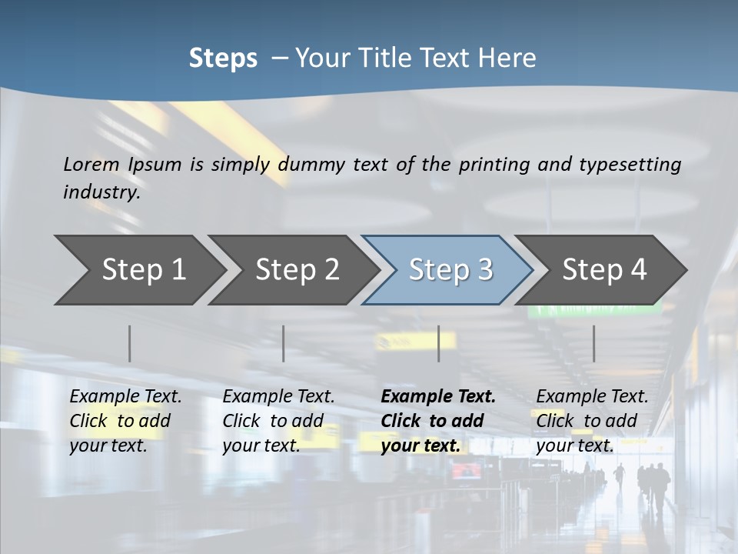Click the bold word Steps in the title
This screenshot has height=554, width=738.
tap(223, 58)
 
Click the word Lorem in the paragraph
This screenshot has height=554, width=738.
tap(91, 164)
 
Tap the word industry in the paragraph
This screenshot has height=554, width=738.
tap(101, 192)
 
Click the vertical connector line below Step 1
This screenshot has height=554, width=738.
tap(130, 343)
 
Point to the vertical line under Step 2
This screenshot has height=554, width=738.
tap(284, 343)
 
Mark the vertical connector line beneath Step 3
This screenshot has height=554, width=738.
tap(438, 343)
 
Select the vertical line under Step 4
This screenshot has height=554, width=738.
tap(593, 343)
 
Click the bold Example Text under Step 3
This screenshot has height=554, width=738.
tap(438, 396)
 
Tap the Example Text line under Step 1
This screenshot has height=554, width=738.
tap(126, 396)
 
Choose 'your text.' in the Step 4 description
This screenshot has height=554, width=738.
tap(574, 446)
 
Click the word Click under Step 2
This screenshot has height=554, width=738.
tap(242, 421)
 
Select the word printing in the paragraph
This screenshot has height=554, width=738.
tap(494, 164)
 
